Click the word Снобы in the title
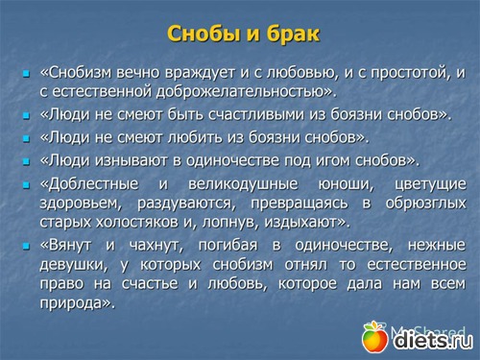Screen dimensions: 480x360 pos(204,34)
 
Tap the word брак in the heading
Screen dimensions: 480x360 pos(293,33)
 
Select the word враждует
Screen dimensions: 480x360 pos(201,74)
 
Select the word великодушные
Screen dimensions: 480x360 pos(243,184)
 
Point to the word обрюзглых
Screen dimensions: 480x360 pos(425,204)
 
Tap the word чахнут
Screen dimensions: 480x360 pos(156,246)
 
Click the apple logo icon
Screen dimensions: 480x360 pos(374,337)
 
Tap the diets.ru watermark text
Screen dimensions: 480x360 pos(433,340)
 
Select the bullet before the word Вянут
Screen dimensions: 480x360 pos(26,246)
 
